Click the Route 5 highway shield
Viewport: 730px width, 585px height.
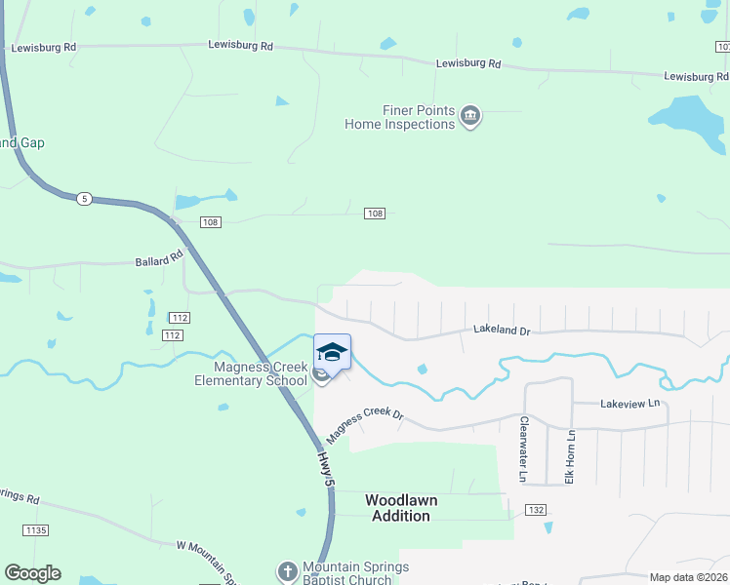85,199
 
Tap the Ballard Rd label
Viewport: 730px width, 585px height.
158,260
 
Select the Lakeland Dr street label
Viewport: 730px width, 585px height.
502,331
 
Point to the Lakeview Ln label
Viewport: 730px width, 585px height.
630,403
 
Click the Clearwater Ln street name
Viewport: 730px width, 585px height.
524,449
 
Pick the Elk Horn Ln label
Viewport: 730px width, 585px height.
572,456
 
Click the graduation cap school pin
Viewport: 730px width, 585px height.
332,352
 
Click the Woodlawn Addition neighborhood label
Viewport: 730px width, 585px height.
401,508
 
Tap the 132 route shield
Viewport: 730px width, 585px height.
535,510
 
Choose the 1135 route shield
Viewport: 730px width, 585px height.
34,529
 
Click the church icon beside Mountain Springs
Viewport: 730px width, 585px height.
288,570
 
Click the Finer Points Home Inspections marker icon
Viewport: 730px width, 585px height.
470,117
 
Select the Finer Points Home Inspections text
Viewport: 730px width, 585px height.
400,117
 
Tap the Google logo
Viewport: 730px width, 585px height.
32,573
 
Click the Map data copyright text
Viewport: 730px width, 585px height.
689,577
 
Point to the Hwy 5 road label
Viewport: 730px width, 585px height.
327,469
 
